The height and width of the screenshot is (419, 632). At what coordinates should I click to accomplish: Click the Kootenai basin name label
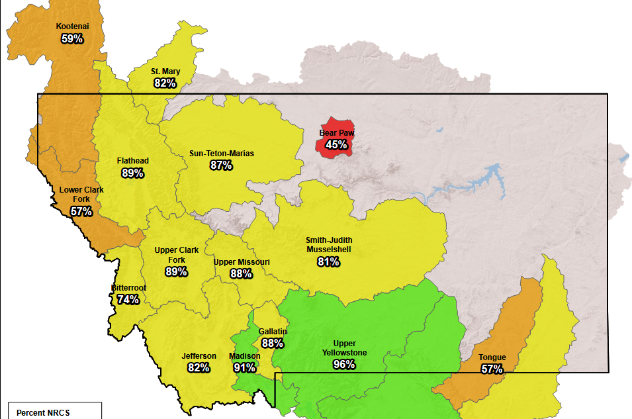pyautogui.click(x=72, y=26)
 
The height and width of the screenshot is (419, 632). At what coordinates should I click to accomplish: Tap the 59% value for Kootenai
pyautogui.click(x=72, y=39)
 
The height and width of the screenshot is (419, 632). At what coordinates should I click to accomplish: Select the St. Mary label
pyautogui.click(x=165, y=71)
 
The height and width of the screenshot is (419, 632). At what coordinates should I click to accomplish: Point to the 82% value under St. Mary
pyautogui.click(x=165, y=83)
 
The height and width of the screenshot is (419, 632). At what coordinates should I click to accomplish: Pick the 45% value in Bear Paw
pyautogui.click(x=336, y=144)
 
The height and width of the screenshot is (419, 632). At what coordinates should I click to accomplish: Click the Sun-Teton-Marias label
pyautogui.click(x=221, y=154)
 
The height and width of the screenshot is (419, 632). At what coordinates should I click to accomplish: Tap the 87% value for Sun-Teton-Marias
pyautogui.click(x=221, y=165)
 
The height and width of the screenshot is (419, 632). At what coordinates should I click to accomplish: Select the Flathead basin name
pyautogui.click(x=132, y=161)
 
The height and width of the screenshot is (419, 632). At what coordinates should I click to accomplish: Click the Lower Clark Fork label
pyautogui.click(x=81, y=194)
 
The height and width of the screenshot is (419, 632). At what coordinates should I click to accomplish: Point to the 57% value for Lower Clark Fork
pyautogui.click(x=81, y=212)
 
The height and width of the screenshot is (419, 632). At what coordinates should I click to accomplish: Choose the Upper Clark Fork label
pyautogui.click(x=175, y=255)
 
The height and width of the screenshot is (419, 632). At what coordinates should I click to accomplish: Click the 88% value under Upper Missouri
pyautogui.click(x=241, y=273)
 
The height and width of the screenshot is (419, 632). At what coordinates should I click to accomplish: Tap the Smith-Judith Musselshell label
pyautogui.click(x=328, y=244)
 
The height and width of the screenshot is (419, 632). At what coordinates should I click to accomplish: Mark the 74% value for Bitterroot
pyautogui.click(x=128, y=299)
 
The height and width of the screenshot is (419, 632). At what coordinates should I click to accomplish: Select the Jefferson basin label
pyautogui.click(x=199, y=356)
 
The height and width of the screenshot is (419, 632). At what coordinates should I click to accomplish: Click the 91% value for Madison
pyautogui.click(x=244, y=367)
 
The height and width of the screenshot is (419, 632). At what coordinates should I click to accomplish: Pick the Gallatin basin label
pyautogui.click(x=273, y=331)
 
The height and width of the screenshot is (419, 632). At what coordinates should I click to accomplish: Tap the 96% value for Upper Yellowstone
pyautogui.click(x=344, y=364)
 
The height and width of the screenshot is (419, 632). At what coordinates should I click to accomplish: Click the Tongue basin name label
pyautogui.click(x=492, y=357)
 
